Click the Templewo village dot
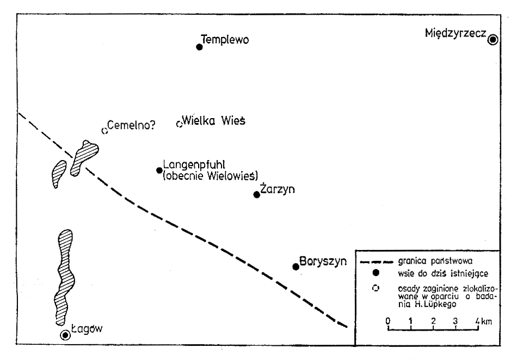point(199,47)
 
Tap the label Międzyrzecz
point(456,33)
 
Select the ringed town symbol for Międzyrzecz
point(493,40)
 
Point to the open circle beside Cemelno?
point(104,131)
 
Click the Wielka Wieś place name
point(214,121)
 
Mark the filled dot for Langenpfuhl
point(159,170)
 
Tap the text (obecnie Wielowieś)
point(211,176)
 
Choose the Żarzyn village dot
point(256,194)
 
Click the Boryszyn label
point(323,261)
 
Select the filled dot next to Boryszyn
point(296,267)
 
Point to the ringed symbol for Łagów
point(65,335)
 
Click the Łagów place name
point(87,329)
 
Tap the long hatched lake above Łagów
point(64,277)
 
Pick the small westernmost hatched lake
point(59,173)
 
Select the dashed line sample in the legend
point(377,263)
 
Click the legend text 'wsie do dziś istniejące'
point(443,273)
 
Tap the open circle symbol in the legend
point(375,288)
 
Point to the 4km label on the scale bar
point(484,321)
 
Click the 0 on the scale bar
point(388,321)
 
